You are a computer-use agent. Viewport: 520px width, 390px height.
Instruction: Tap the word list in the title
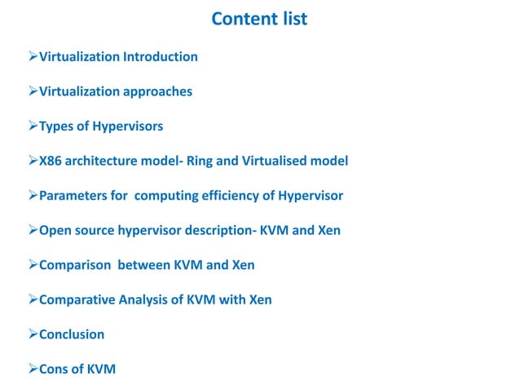click(291, 19)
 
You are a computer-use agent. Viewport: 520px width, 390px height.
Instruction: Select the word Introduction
click(161, 57)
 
